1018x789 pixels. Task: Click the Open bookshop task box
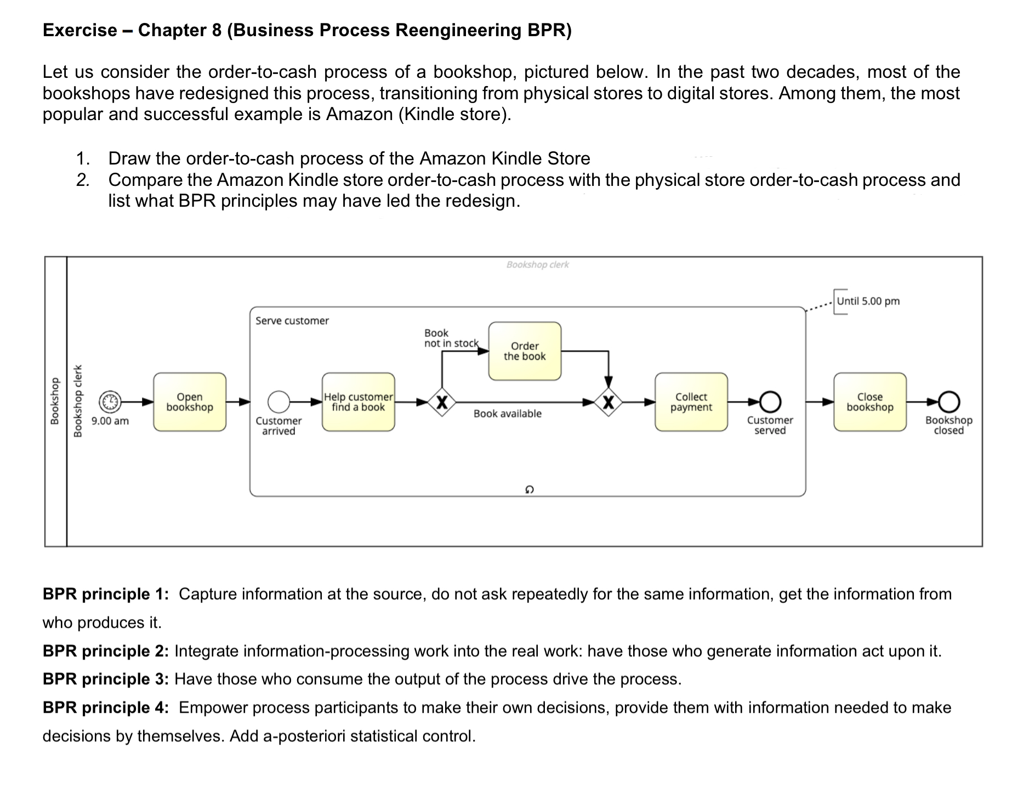pyautogui.click(x=190, y=402)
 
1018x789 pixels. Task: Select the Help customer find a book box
pyautogui.click(x=358, y=402)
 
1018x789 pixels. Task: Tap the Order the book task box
pyautogui.click(x=525, y=351)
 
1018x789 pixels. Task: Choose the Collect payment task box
pyautogui.click(x=691, y=402)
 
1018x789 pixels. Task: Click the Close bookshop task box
pyautogui.click(x=869, y=402)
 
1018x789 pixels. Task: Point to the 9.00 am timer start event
pyautogui.click(x=110, y=402)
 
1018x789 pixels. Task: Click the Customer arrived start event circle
pyautogui.click(x=278, y=402)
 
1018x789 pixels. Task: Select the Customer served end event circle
pyautogui.click(x=770, y=402)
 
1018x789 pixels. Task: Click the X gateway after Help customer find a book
pyautogui.click(x=442, y=402)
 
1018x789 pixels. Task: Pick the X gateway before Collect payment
pyautogui.click(x=608, y=402)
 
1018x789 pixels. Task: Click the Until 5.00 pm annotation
pyautogui.click(x=868, y=301)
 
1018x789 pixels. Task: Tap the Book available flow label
pyautogui.click(x=507, y=413)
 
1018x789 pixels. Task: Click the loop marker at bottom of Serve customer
pyautogui.click(x=528, y=489)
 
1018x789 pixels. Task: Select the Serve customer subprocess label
pyautogui.click(x=292, y=321)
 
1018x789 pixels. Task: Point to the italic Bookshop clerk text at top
pyautogui.click(x=537, y=264)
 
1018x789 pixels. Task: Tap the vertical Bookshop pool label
pyautogui.click(x=55, y=401)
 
